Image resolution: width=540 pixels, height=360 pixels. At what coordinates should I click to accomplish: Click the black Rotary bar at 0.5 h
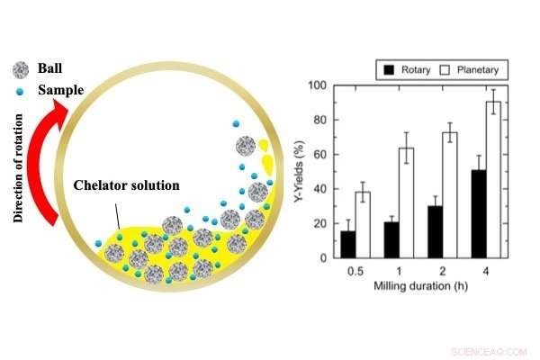[x=347, y=244]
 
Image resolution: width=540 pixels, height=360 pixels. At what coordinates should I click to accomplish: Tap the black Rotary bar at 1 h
[x=391, y=239]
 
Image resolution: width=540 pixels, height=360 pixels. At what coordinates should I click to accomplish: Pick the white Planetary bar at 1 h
[x=405, y=202]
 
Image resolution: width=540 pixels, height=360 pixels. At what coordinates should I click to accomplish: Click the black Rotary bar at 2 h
[x=436, y=231]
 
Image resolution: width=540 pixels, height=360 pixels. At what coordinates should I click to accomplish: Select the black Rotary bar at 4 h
[x=480, y=213]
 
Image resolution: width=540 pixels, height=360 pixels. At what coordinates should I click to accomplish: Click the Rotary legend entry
[x=405, y=68]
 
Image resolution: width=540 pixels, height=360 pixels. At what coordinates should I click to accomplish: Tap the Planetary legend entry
[x=469, y=68]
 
